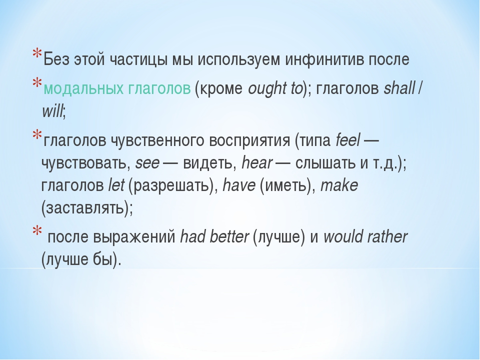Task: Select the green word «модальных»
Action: point(83,89)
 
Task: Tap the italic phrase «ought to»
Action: point(275,89)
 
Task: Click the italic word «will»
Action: point(52,111)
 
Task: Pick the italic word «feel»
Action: point(348,140)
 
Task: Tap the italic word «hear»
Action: point(257,162)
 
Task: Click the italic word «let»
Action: point(116,185)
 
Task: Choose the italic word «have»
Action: point(239,185)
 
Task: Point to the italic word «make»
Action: point(339,185)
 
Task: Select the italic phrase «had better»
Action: point(214,236)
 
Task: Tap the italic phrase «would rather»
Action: point(365,236)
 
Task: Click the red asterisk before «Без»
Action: point(37,54)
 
